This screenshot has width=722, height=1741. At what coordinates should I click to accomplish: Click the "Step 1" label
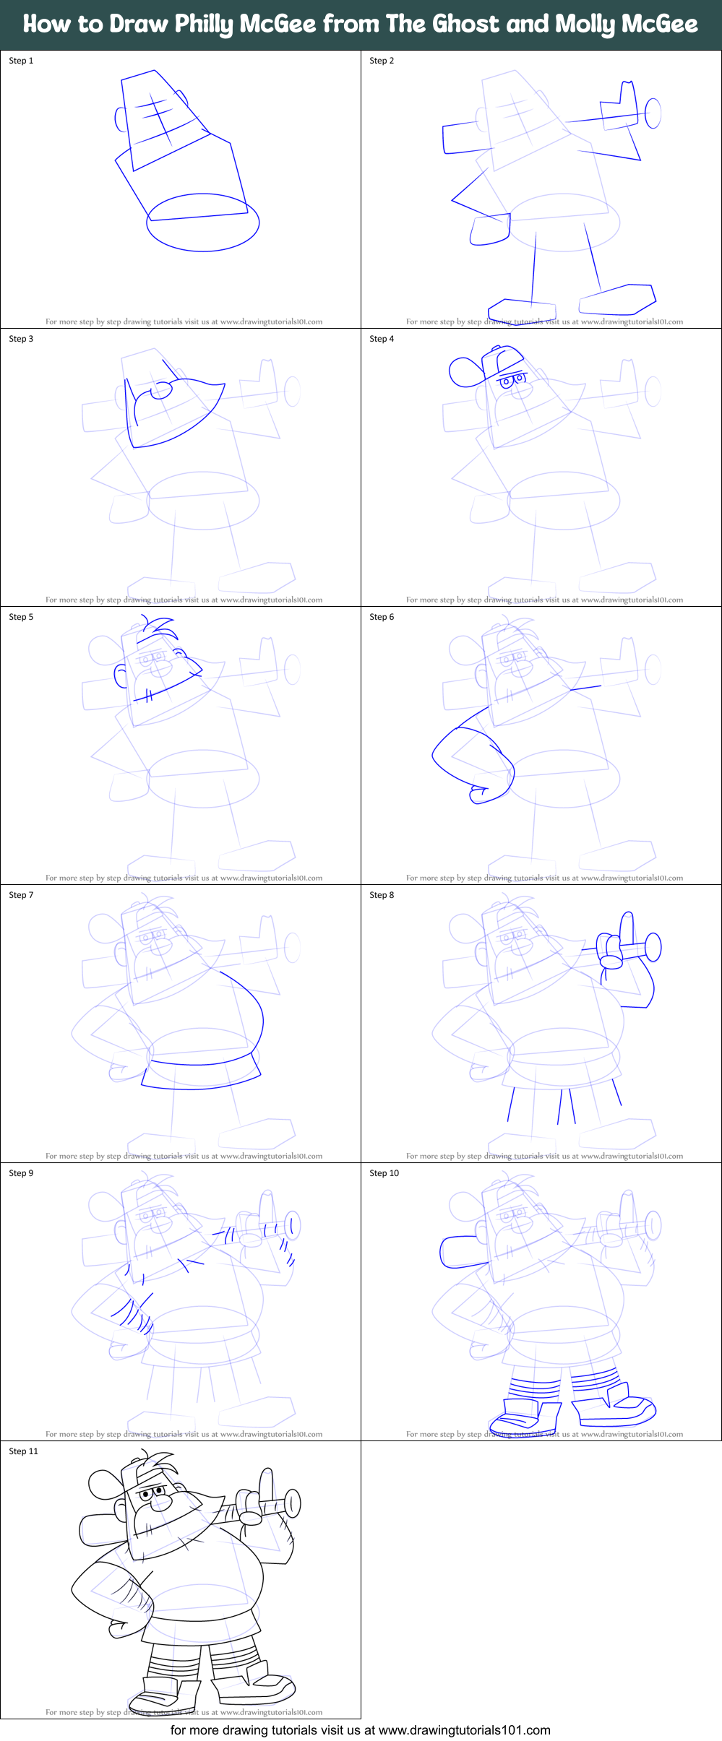coord(21,61)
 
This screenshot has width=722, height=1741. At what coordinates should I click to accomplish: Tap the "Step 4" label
coord(382,339)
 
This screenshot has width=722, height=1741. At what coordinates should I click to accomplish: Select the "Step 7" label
coord(21,895)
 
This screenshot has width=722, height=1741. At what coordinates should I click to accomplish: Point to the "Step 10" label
coord(384,1173)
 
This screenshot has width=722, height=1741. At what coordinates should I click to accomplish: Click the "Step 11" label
coord(23,1451)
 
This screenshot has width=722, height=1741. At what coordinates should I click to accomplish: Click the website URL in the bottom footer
coord(464,1730)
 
